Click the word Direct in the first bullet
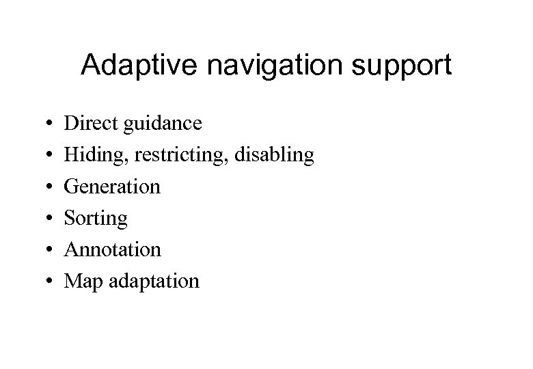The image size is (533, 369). tap(86, 123)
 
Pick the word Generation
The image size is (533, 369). tap(113, 186)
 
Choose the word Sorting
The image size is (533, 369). tap(96, 219)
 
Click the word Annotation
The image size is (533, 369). tap(113, 249)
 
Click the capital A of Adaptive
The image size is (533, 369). tap(90, 66)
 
